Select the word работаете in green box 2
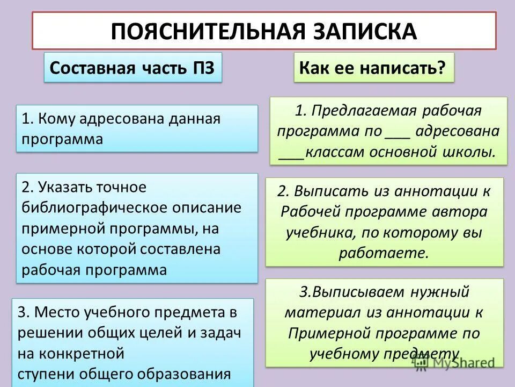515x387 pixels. (383, 253)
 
